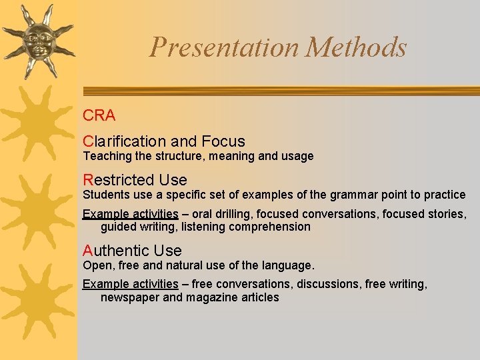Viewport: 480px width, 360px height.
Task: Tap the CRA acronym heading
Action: click(x=99, y=115)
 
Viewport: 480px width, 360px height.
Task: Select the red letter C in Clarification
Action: click(x=88, y=141)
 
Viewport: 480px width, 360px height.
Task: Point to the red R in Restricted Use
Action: click(x=88, y=180)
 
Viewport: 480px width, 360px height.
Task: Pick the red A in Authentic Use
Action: click(x=88, y=251)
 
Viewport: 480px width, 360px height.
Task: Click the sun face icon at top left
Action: click(x=38, y=40)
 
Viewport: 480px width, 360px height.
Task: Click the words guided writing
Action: click(x=139, y=227)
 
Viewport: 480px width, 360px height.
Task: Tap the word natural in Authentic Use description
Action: click(x=189, y=265)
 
